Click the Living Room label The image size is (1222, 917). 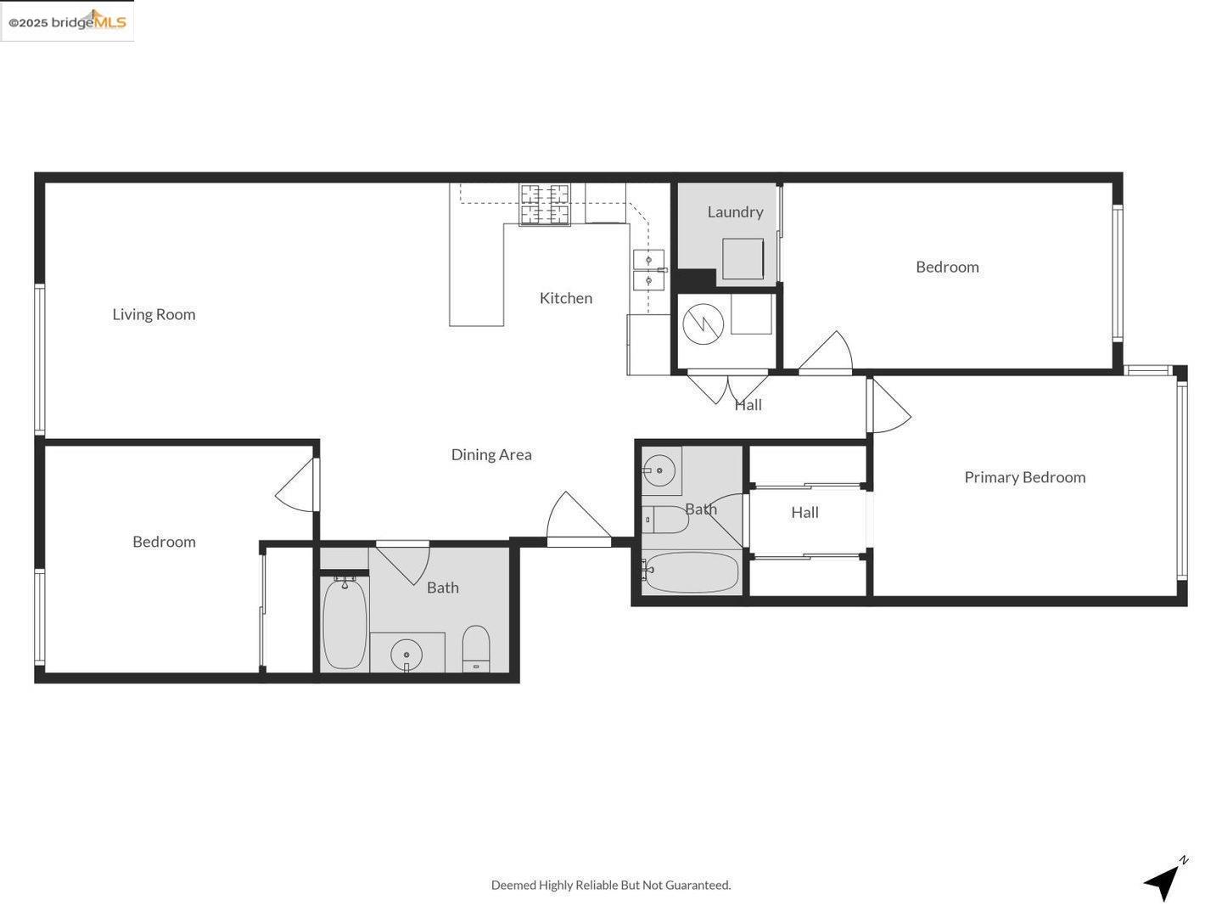154,314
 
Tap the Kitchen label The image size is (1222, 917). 566,298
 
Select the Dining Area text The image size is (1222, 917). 491,454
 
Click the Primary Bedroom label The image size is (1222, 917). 1024,477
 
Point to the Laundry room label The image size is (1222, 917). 735,211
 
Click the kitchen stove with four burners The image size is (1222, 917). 545,205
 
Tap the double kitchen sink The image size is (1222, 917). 648,270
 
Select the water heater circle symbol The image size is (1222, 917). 703,323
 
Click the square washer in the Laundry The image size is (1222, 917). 743,258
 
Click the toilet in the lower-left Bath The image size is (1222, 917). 476,649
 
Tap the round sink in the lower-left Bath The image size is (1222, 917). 406,655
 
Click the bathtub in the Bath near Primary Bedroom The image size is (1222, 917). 691,573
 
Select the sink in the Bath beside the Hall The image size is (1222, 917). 659,470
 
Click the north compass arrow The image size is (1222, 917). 1164,881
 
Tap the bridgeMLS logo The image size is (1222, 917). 68,21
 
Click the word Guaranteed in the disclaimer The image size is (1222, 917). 698,885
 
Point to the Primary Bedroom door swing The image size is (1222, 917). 888,407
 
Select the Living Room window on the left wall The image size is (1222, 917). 39,360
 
